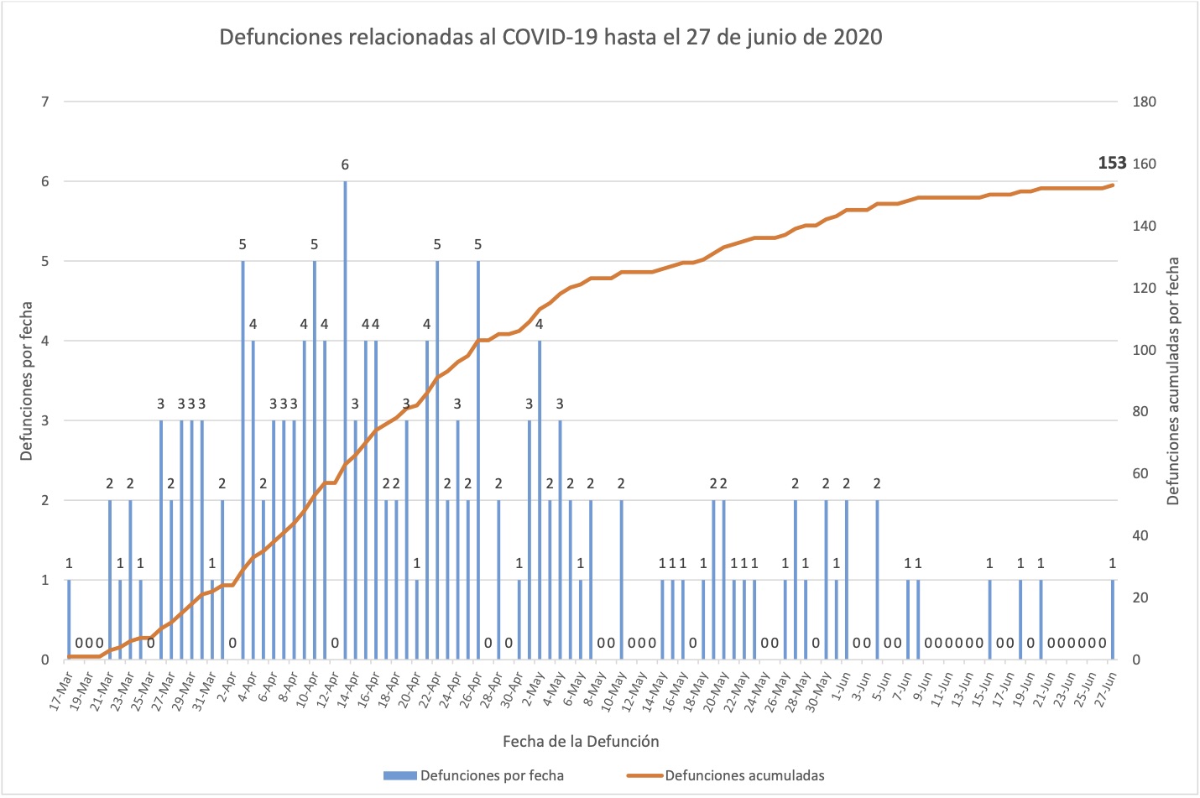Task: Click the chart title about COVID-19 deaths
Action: [x=550, y=38]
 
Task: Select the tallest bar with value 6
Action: [x=345, y=420]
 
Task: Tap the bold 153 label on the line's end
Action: [x=1112, y=163]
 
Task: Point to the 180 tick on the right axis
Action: [x=1144, y=102]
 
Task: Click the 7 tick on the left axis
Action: [x=45, y=102]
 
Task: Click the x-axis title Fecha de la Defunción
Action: [x=581, y=741]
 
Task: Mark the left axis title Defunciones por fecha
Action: [x=26, y=381]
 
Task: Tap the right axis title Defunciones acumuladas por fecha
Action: [x=1173, y=381]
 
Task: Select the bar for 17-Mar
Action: [x=69, y=619]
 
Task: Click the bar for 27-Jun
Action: [x=1113, y=619]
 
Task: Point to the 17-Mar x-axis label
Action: [x=60, y=690]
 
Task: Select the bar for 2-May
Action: [x=540, y=500]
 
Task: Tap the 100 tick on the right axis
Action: [x=1144, y=350]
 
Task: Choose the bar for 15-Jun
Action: [x=990, y=619]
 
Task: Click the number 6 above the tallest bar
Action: [x=345, y=164]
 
